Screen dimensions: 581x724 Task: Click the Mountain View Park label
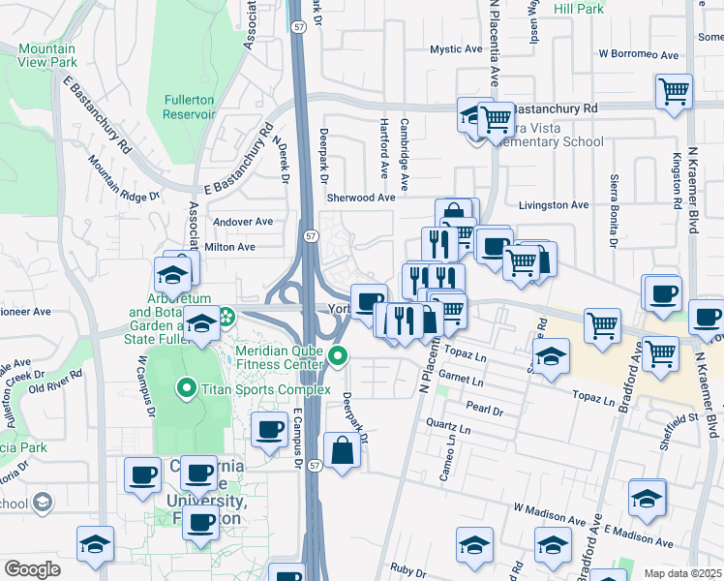[x=45, y=56]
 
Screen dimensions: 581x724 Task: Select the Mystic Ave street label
[x=456, y=49]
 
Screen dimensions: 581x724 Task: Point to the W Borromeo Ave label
[x=636, y=54]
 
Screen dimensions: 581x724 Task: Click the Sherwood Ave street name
[x=361, y=198]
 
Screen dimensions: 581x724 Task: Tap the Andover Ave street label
[x=243, y=222]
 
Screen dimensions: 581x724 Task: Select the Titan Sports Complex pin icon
[x=187, y=389]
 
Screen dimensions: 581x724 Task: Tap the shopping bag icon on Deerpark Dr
[x=343, y=450]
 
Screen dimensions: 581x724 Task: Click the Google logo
[x=32, y=569]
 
